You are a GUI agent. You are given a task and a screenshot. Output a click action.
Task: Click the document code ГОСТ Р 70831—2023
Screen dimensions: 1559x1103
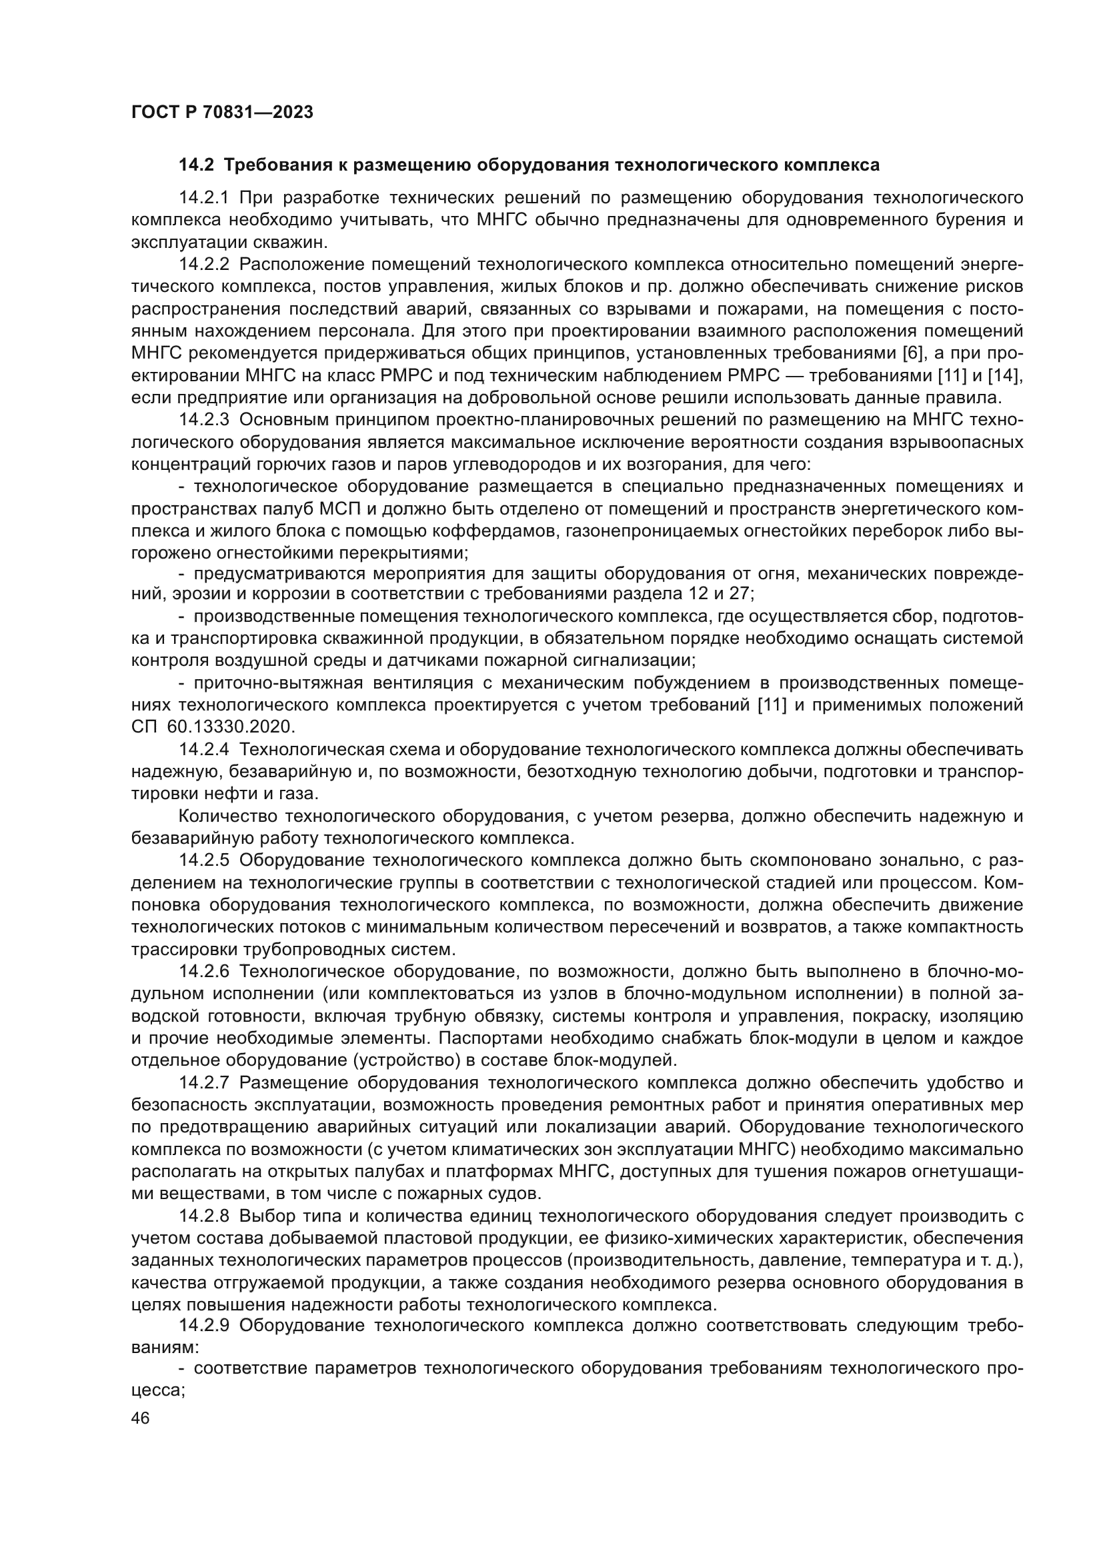pyautogui.click(x=222, y=113)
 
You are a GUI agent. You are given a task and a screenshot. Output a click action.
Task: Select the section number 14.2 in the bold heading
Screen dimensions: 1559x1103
pyautogui.click(x=196, y=165)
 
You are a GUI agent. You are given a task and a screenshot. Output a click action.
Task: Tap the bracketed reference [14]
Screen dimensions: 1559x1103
pyautogui.click(x=1008, y=376)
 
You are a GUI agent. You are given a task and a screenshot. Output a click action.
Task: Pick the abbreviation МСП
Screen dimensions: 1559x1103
pyautogui.click(x=296, y=509)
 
